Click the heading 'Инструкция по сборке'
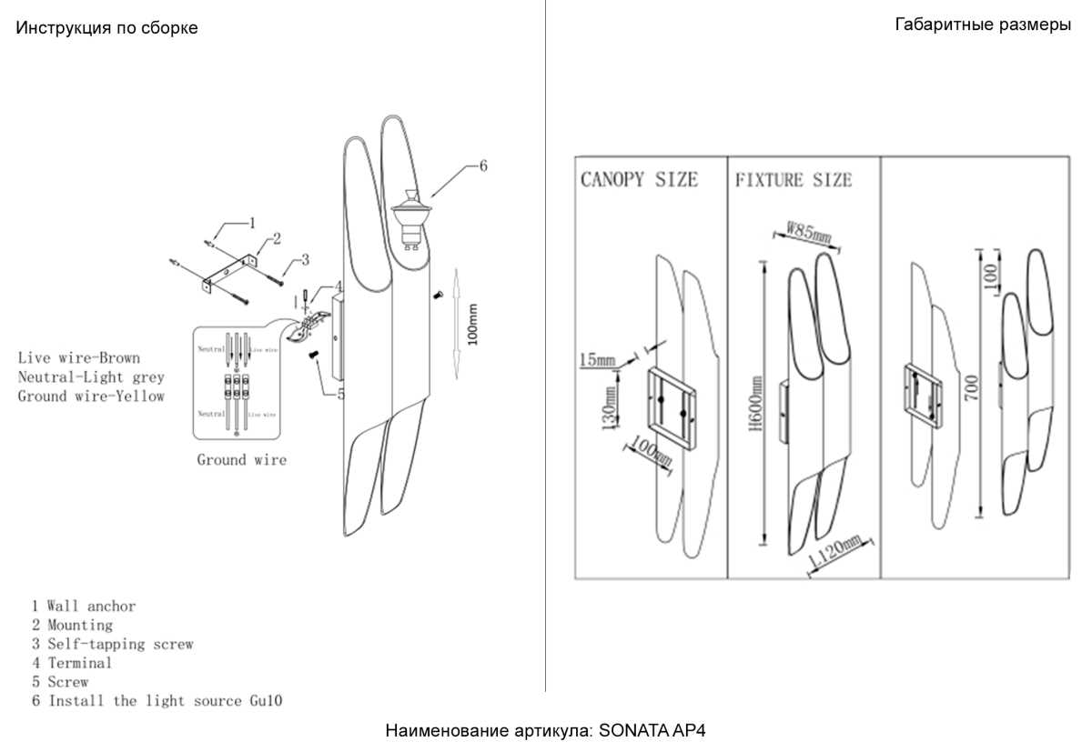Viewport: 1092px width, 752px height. pyautogui.click(x=106, y=28)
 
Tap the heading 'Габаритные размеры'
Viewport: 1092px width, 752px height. pyautogui.click(x=983, y=25)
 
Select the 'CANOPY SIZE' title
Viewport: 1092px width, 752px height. pyautogui.click(x=639, y=179)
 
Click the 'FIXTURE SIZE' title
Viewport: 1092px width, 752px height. pyautogui.click(x=794, y=180)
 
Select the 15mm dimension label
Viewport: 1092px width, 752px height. pyautogui.click(x=597, y=361)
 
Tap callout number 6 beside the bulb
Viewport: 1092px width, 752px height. pyautogui.click(x=482, y=165)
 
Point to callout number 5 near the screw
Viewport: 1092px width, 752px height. pyautogui.click(x=340, y=394)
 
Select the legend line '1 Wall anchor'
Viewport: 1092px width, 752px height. pyautogui.click(x=84, y=606)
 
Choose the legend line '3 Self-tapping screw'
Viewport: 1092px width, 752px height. pyautogui.click(x=112, y=644)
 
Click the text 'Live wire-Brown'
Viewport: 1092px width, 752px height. pyautogui.click(x=79, y=358)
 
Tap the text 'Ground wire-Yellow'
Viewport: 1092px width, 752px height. pyautogui.click(x=91, y=396)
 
